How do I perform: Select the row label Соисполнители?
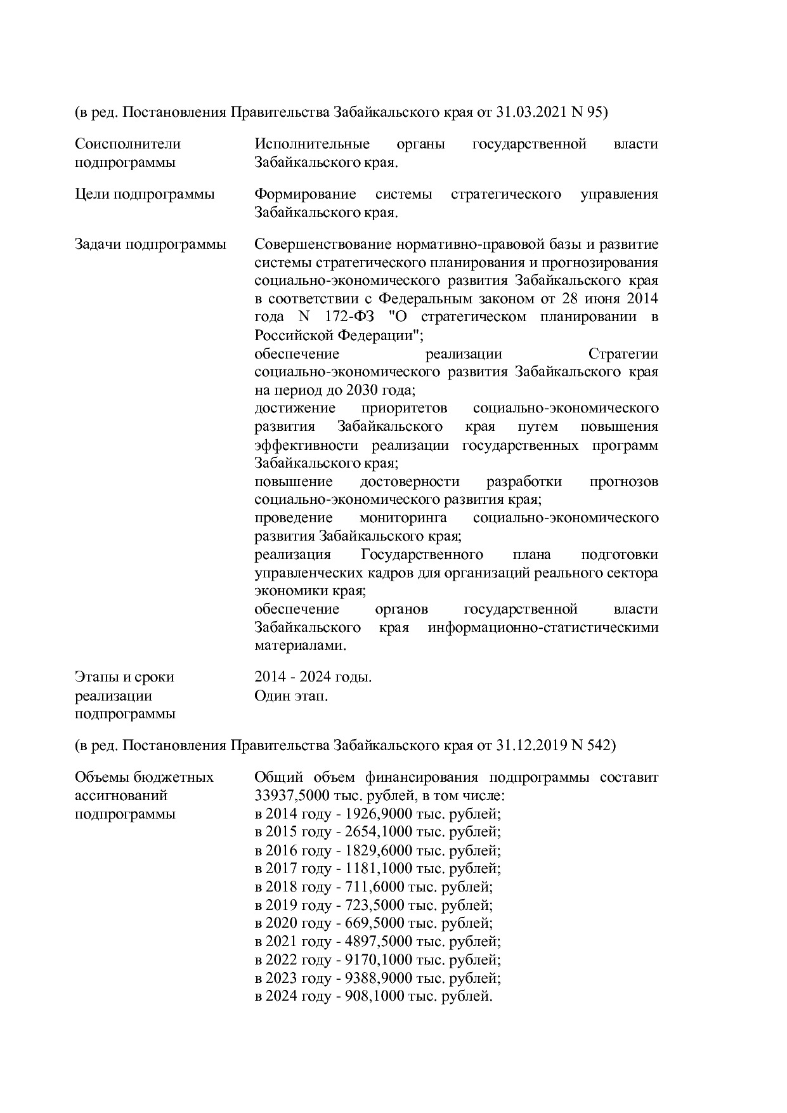[x=127, y=144]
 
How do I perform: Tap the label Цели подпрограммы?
[x=145, y=194]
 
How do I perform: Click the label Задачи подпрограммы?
[x=150, y=244]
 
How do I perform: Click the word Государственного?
[x=422, y=555]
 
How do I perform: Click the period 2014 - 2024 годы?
[x=313, y=677]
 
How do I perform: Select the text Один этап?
[x=291, y=696]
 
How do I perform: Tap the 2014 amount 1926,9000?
[x=375, y=814]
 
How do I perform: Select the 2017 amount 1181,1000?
[x=375, y=869]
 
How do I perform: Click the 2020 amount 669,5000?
[x=370, y=923]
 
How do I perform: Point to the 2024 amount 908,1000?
[x=370, y=996]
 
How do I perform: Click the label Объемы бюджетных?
[x=145, y=777]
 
